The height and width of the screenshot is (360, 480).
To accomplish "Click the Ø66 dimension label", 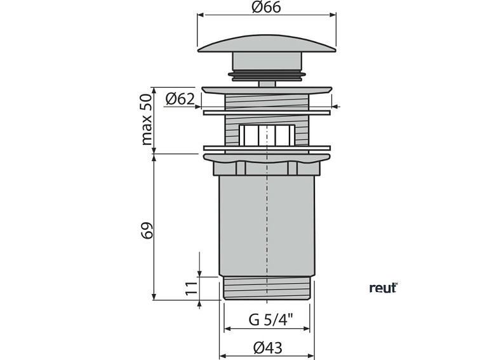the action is [266, 7].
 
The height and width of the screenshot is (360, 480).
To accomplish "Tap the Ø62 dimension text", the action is [180, 99].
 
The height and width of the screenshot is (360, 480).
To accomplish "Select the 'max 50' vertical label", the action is [147, 119].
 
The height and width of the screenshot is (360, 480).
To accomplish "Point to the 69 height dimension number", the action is [147, 230].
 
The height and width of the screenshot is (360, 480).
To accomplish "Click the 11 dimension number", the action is [192, 288].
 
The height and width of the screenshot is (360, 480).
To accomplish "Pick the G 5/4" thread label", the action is [271, 320].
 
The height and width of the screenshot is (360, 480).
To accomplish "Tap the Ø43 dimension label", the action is [268, 347].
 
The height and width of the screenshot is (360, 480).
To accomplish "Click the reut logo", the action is [383, 288].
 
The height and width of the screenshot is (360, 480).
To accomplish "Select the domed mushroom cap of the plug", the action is [267, 43].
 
